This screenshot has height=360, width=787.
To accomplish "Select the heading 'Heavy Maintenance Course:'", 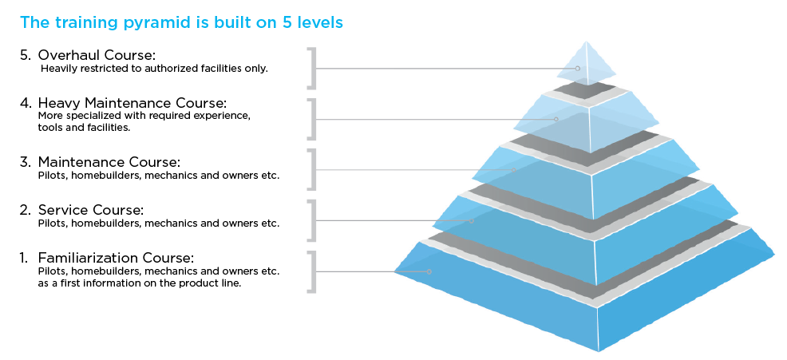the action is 132,104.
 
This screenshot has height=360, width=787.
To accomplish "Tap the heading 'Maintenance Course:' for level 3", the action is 109,162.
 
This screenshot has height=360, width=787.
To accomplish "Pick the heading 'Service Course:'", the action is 91,210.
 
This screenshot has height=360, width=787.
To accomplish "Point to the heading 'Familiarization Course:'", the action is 116,258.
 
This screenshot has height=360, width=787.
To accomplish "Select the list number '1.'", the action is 24,258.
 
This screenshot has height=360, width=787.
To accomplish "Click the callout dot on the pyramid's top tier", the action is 578,69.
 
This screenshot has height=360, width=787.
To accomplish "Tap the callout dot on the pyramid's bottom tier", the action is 429,271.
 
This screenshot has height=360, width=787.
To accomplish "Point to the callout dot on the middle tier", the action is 514,170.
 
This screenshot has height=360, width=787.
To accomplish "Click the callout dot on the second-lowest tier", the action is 471,220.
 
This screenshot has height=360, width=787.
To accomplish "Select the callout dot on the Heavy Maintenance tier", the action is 556,119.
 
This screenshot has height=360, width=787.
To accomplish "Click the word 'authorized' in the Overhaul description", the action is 167,69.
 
